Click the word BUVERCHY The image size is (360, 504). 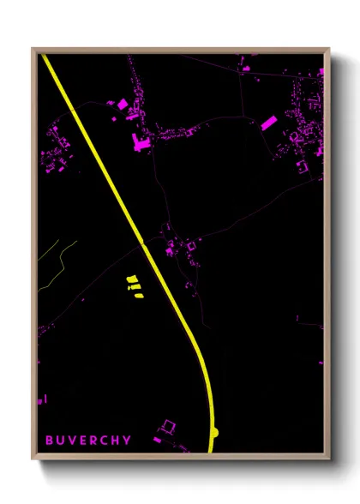pyautogui.click(x=88, y=441)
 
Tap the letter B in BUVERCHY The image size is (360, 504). pyautogui.click(x=50, y=441)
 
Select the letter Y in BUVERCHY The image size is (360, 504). pyautogui.click(x=128, y=441)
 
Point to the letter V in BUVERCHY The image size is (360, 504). pyautogui.click(x=72, y=441)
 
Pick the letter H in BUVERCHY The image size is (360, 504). pyautogui.click(x=117, y=441)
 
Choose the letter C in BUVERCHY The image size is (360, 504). pyautogui.click(x=105, y=441)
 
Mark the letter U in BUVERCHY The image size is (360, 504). pyautogui.click(x=61, y=441)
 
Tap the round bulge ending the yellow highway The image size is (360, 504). pyautogui.click(x=215, y=431)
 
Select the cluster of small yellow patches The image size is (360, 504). pyautogui.click(x=133, y=286)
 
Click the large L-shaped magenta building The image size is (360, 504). pyautogui.click(x=140, y=142)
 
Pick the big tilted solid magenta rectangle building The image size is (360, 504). pyautogui.click(x=268, y=123)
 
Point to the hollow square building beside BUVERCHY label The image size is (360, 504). pyautogui.click(x=168, y=426)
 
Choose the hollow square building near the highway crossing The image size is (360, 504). pyautogui.click(x=190, y=247)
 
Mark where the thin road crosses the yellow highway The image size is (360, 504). pyautogui.click(x=143, y=243)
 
